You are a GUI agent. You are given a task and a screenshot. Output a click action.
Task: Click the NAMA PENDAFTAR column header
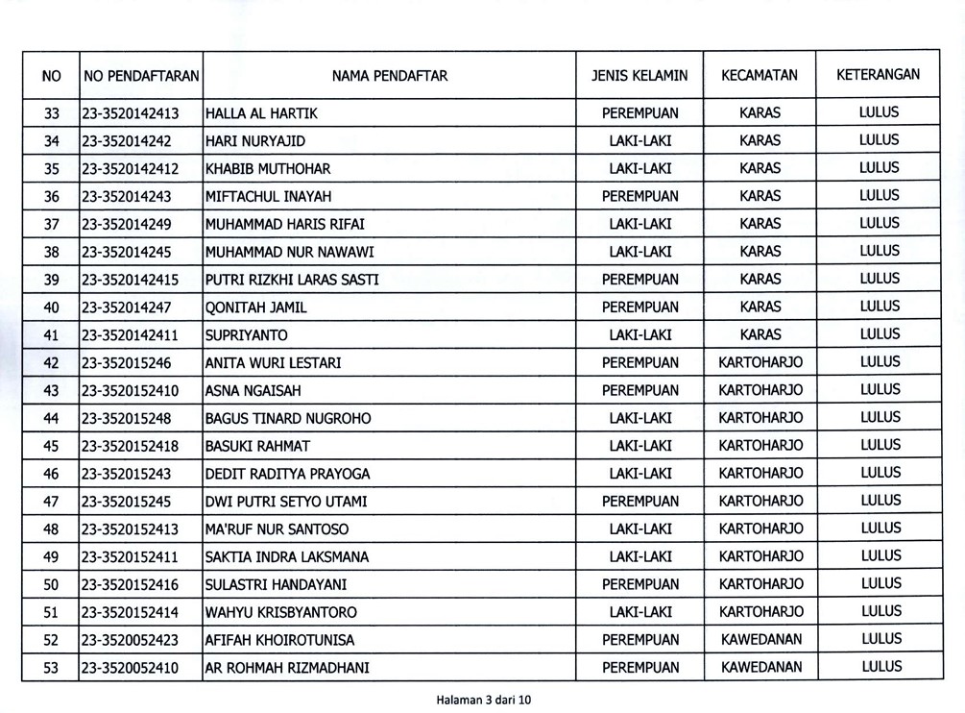point(390,75)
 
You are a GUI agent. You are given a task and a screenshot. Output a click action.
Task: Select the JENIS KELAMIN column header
point(639,75)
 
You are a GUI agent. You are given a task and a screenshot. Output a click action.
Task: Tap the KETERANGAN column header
point(878,74)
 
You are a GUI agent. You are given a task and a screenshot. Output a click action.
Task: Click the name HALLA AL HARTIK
point(261,113)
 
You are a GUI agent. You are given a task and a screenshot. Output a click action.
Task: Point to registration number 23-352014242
point(127,141)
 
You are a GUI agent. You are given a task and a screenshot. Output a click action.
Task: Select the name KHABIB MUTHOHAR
point(268,169)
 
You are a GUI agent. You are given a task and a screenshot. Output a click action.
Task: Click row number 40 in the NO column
point(52,307)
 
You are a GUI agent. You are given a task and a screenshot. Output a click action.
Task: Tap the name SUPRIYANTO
point(247,335)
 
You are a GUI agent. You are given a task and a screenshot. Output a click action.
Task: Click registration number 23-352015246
point(127,363)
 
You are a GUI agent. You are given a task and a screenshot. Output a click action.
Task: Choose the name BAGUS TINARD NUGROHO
point(288,419)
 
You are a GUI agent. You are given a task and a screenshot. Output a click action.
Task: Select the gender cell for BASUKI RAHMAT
point(639,446)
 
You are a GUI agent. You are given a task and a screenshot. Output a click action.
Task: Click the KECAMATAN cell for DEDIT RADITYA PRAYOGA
point(760,474)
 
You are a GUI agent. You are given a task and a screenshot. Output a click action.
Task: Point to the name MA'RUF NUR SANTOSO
point(277,529)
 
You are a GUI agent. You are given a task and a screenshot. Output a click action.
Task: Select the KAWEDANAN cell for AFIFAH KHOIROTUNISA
point(760,640)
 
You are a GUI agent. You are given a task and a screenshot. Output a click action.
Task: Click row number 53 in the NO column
point(52,668)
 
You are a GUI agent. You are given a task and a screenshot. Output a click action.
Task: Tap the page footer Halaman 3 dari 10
point(483,700)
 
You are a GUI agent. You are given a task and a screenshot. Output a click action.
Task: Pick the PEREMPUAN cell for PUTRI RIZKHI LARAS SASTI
point(639,280)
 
